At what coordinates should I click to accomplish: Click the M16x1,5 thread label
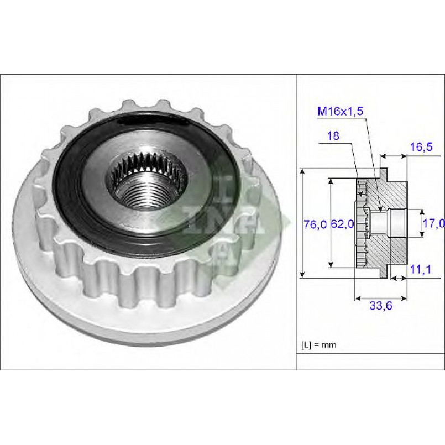341,111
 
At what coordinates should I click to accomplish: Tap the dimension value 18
333,136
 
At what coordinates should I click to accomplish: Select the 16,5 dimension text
421,146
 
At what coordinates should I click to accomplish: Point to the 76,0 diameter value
315,224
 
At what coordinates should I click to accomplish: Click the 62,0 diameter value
343,224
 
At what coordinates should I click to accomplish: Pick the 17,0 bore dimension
434,224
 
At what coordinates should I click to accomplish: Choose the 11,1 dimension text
421,269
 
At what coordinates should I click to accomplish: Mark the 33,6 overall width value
381,305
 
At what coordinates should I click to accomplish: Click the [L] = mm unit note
319,345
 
